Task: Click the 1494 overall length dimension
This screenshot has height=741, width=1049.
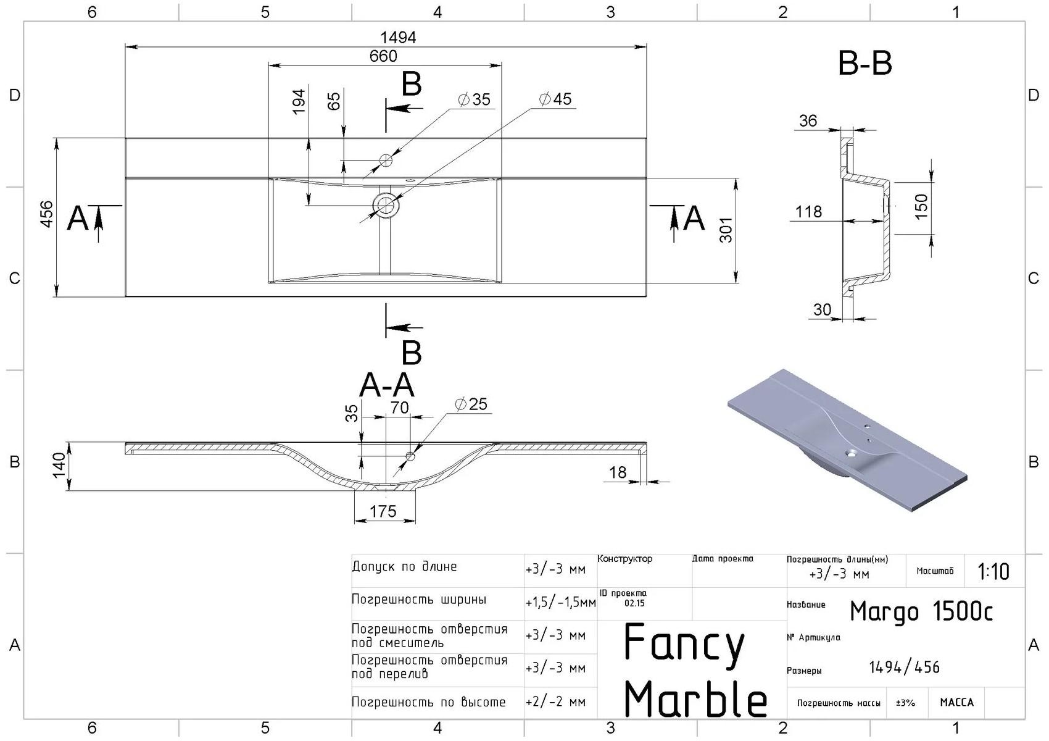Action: pos(399,37)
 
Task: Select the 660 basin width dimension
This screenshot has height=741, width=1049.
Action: pos(383,56)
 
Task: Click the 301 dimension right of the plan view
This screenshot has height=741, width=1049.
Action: pos(726,230)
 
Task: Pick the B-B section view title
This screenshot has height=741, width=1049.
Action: pos(864,64)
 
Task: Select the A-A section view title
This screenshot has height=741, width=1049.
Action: pos(386,386)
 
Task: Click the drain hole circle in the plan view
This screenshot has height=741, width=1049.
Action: pos(386,204)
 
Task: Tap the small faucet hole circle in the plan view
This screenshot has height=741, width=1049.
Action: pos(386,161)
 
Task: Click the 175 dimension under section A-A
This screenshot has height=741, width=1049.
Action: pos(383,511)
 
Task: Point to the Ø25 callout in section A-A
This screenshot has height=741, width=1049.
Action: pos(471,404)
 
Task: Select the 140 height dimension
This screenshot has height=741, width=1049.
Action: pos(59,465)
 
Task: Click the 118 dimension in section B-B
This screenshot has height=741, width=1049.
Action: pos(808,212)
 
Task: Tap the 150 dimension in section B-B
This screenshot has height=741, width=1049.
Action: pos(921,207)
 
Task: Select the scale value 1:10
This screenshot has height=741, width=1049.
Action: pos(993,572)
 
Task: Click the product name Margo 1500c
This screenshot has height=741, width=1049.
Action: pos(921,611)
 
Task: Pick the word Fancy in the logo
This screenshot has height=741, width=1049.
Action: pos(684,644)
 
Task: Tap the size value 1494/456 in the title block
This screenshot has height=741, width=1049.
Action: pos(904,668)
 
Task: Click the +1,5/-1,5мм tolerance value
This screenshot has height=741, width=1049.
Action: pos(560,602)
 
